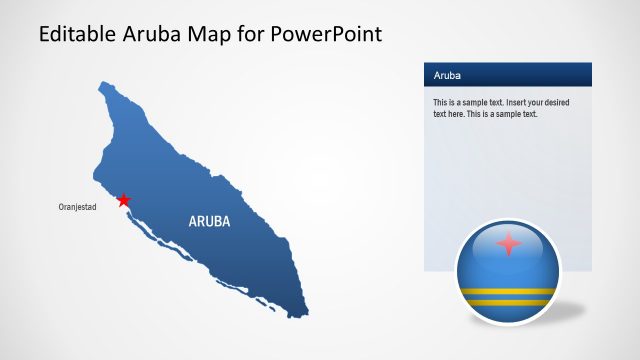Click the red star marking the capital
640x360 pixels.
123,200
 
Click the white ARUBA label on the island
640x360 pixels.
209,221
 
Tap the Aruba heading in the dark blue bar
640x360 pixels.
446,76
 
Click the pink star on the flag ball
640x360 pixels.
509,244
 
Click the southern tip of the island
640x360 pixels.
303,309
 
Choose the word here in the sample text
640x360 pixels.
462,114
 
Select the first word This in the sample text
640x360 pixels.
441,103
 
